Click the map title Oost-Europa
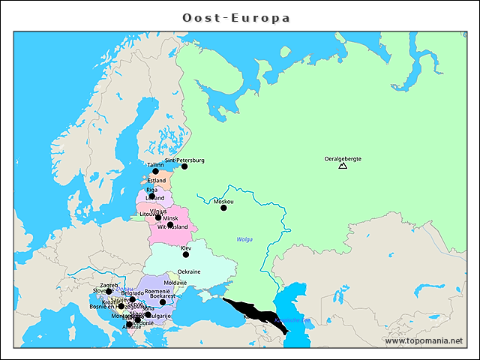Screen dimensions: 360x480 coord(237,17)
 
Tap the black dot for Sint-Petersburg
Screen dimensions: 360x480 coord(184,166)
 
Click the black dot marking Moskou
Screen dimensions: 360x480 coord(223,208)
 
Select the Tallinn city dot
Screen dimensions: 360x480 coord(156,171)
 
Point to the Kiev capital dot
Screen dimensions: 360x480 coord(186,254)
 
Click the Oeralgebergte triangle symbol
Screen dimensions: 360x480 coord(343,166)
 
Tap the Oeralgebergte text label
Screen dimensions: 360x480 coord(343,158)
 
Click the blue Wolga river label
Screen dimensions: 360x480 coord(244,239)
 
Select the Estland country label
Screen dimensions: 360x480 coord(157,181)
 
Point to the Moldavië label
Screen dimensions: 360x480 coord(175,283)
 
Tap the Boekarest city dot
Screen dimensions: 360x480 coord(163,302)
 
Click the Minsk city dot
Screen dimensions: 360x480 coord(170,224)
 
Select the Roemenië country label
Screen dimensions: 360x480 coord(157,291)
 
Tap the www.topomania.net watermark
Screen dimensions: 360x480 coord(424,340)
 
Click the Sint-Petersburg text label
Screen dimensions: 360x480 coord(184,160)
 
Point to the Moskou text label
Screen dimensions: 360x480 coord(223,201)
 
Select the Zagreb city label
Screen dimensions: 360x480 coord(109,285)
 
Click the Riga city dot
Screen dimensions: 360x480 coord(152,196)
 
